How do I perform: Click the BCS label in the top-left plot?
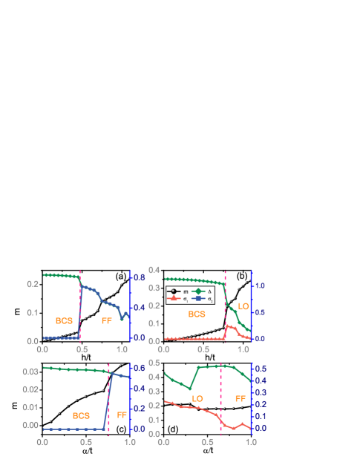click(65, 321)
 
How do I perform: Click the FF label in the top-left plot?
click(106, 321)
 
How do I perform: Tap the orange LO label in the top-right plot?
click(243, 306)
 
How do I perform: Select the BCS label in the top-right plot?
click(197, 314)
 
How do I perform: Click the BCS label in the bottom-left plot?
click(81, 416)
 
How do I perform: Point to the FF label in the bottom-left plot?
click(122, 415)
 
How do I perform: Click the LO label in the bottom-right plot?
click(197, 398)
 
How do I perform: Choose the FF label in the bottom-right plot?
click(240, 398)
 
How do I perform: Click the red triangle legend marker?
click(174, 298)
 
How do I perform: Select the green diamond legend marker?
click(198, 291)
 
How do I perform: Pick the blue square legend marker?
click(198, 298)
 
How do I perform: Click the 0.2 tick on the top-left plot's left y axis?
click(33, 284)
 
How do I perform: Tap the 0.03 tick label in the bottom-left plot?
click(30, 372)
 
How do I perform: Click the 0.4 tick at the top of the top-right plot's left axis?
click(154, 270)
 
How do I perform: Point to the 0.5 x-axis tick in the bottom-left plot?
click(86, 442)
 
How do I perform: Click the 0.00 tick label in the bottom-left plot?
click(30, 426)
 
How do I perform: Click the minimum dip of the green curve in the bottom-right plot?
click(191, 389)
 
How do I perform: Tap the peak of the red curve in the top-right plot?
click(228, 324)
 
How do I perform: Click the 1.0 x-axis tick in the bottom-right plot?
click(251, 442)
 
